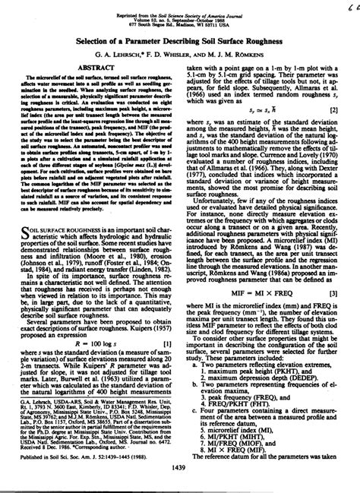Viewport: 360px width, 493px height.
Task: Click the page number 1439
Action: coord(180,479)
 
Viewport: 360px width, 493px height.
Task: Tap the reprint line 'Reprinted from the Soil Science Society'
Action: coord(179,6)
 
